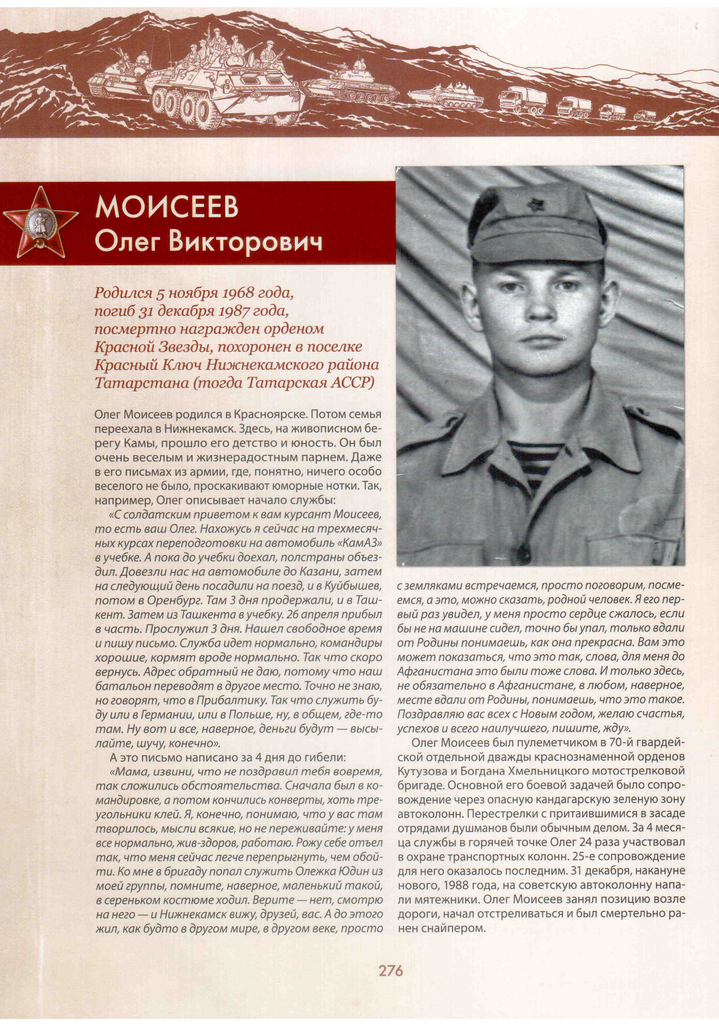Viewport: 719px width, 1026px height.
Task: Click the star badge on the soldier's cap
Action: (x=534, y=206)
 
